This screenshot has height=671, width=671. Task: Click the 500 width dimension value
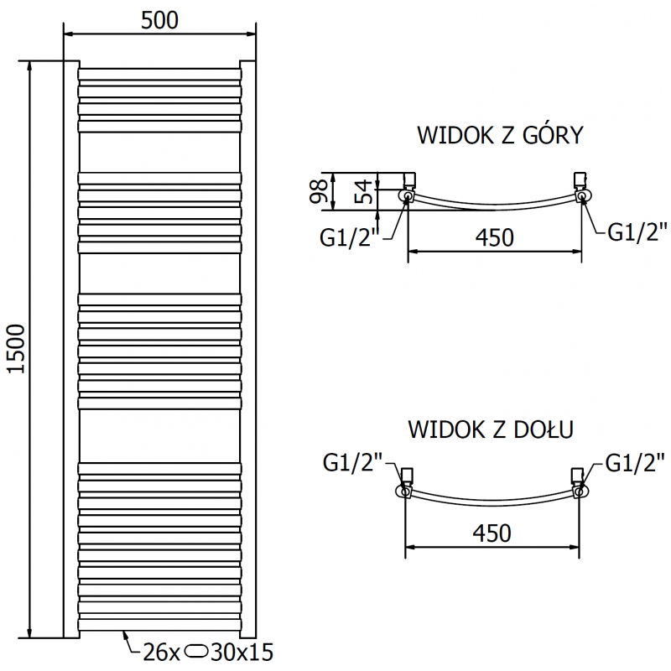pos(160,20)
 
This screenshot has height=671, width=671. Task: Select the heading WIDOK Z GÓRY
pos(499,136)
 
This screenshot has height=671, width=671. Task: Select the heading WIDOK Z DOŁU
pos(491,429)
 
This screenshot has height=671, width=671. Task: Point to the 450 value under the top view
pos(494,237)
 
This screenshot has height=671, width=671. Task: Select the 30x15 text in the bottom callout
pos(243,651)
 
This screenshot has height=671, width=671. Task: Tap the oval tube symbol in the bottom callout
pos(199,651)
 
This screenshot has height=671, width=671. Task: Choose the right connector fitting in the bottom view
pos(579,483)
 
